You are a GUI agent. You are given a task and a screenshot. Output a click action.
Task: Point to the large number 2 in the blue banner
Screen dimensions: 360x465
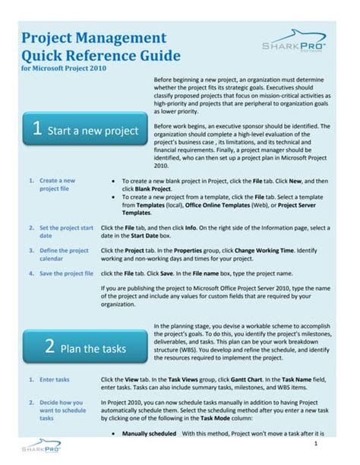tap(48, 347)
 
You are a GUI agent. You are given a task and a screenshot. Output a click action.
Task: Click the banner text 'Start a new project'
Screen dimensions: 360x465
tap(92, 131)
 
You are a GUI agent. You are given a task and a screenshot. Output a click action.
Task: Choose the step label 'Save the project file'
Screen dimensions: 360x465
tap(66, 272)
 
